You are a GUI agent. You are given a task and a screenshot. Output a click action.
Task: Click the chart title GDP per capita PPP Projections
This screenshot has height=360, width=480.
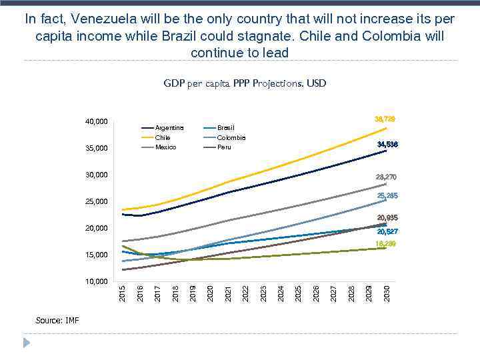(245, 83)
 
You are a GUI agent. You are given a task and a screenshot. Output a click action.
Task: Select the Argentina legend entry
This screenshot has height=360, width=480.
(169, 127)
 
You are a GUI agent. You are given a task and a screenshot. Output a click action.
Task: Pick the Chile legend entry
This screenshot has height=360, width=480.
(163, 137)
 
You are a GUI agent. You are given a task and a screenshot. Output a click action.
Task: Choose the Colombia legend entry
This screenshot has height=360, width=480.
(231, 137)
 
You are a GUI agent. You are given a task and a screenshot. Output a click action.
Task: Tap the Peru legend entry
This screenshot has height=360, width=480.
(224, 147)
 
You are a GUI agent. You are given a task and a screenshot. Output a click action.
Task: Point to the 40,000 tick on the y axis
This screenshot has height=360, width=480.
(97, 122)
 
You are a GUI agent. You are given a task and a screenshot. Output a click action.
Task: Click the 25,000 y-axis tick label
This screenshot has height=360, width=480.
(97, 202)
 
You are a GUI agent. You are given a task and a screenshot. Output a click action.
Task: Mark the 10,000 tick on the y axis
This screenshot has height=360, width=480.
(97, 282)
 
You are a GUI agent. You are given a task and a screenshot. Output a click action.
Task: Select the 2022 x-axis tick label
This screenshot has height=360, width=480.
(246, 292)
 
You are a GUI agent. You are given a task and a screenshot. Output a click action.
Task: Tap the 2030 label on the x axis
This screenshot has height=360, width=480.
(387, 292)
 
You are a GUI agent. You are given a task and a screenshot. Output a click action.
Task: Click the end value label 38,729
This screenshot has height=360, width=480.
(385, 119)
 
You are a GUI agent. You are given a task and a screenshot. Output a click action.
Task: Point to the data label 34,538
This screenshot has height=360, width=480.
(387, 145)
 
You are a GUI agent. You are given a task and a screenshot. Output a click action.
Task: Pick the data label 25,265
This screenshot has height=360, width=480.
(387, 196)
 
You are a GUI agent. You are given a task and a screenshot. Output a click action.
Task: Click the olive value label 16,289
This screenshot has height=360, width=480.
(386, 245)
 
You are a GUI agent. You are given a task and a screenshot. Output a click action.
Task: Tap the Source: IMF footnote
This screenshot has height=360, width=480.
(57, 321)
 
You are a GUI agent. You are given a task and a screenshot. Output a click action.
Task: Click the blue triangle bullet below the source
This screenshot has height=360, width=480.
(27, 342)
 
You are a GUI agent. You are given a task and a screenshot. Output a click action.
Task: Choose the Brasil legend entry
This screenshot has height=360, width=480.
(226, 127)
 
